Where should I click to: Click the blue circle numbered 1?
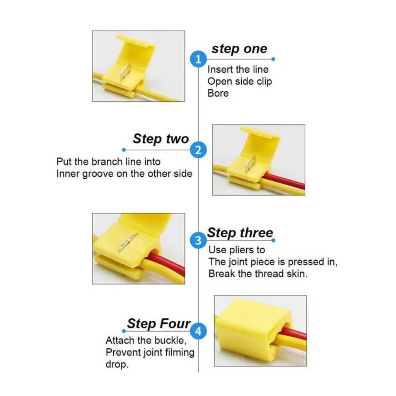tap(198, 59)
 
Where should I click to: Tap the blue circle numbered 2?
tap(198, 150)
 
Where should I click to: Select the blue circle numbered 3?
tap(198, 240)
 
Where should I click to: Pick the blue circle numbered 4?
tap(198, 331)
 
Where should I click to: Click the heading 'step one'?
tap(239, 49)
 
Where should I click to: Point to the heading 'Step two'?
tap(161, 139)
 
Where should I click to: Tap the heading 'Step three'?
tap(240, 232)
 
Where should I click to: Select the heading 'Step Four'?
tap(159, 324)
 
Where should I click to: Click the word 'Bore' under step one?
tap(218, 93)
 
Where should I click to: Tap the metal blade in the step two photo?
tap(251, 164)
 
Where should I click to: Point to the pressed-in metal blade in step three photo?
tap(128, 243)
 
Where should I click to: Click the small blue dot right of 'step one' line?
tap(273, 59)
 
